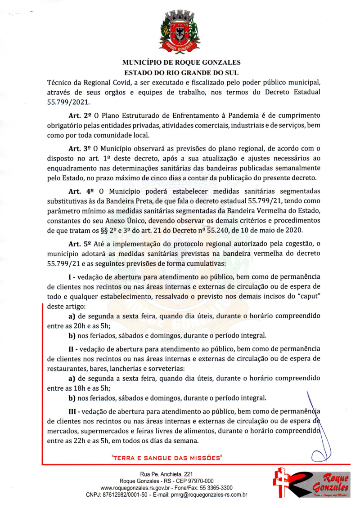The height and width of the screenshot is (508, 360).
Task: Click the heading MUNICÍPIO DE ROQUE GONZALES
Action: point(181,62)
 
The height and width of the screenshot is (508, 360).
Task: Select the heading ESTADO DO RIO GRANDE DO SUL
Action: point(181,72)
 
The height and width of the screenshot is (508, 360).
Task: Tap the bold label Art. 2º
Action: point(78,116)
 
